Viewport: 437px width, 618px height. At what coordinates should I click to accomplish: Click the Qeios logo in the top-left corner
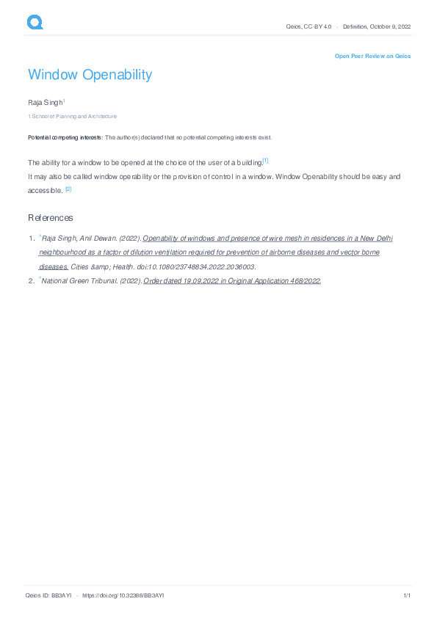coord(35,23)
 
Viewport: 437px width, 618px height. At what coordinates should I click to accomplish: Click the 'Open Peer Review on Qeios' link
coord(372,56)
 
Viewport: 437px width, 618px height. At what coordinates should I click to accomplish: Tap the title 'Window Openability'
coord(90,75)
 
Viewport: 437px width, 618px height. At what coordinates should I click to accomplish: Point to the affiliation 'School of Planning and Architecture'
coord(73,116)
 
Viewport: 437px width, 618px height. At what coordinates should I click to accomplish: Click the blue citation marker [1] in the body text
coord(265,161)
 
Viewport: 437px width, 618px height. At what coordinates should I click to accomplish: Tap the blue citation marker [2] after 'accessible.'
coord(68,189)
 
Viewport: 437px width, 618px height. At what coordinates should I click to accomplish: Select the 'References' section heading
coord(51,218)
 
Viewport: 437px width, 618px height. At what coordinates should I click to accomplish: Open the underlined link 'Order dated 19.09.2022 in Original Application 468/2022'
coord(232,280)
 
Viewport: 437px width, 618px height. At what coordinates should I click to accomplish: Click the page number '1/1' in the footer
coord(406,595)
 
